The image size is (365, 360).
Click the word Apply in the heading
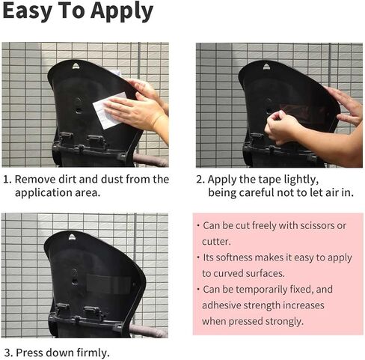(x=122, y=12)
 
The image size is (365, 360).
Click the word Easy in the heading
(x=28, y=12)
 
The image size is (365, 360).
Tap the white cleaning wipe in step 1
(x=107, y=111)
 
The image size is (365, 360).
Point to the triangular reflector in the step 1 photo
(x=76, y=66)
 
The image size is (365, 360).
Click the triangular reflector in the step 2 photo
(x=267, y=67)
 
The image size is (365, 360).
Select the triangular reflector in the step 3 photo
(x=72, y=237)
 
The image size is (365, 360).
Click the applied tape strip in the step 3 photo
(x=109, y=284)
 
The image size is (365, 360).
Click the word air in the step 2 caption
(x=332, y=192)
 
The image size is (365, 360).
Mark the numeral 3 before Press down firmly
(x=7, y=353)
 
